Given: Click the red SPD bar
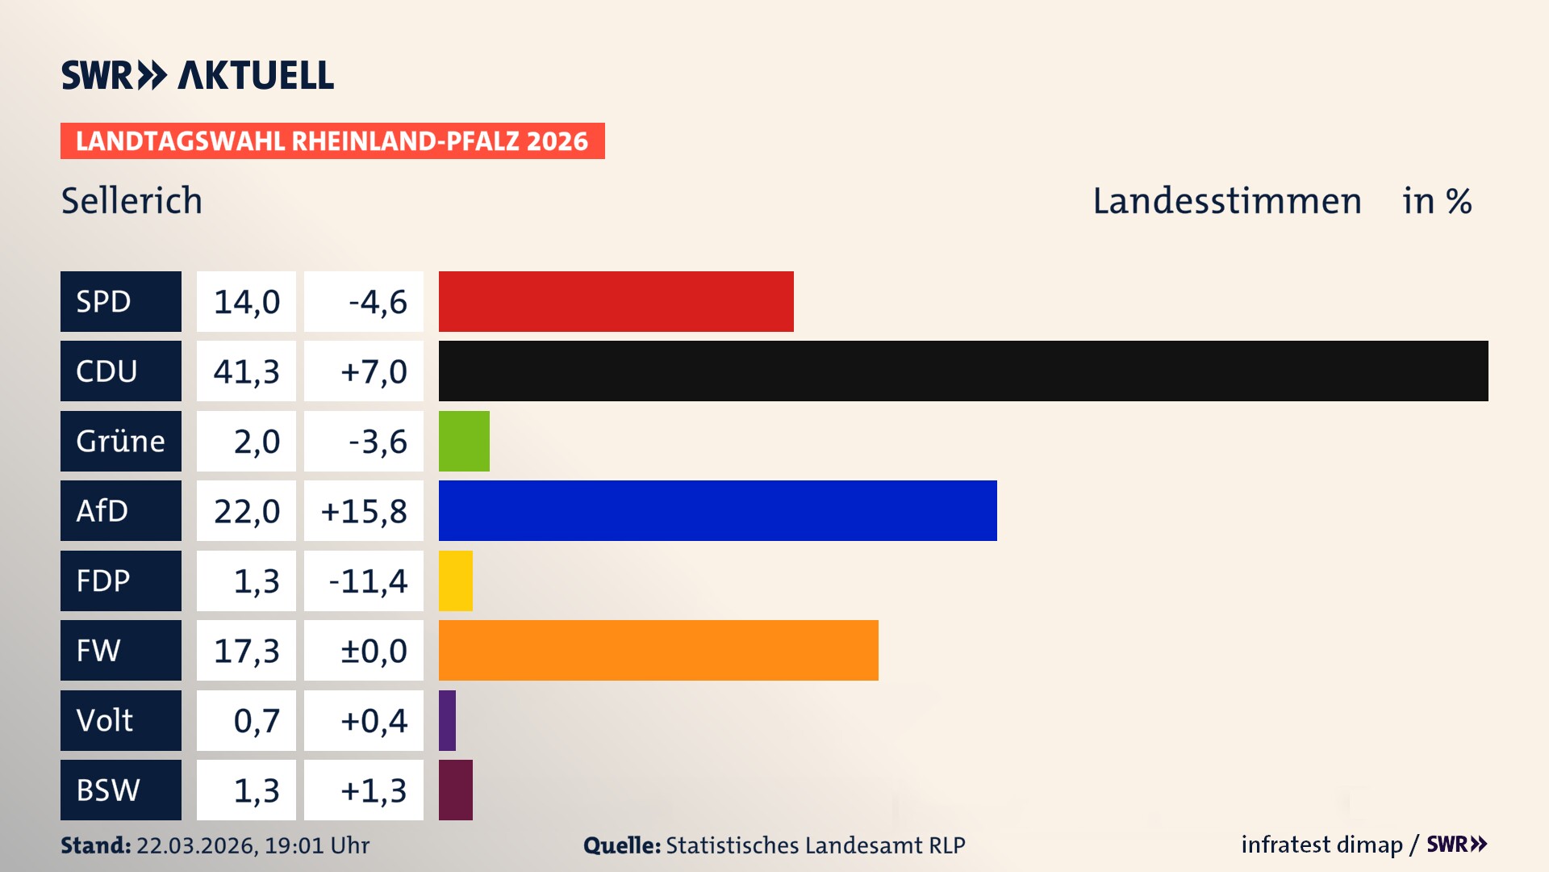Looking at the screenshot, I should coord(616,301).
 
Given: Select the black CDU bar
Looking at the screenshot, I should coord(962,371).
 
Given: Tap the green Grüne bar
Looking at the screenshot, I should coord(464,441).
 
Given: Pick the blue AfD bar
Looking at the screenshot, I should coord(717,510).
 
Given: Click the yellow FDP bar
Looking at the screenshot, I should coord(455,581).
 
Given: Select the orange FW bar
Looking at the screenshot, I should coord(658,650).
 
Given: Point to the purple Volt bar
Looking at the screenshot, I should coord(447,720).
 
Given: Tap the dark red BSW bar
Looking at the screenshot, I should coord(455,790).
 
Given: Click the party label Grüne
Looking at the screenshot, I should coord(120,441).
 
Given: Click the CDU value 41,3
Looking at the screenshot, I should coord(246,371).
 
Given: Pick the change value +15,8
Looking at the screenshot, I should coord(364,511).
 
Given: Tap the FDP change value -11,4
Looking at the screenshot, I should coord(368,581).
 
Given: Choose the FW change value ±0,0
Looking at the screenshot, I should coord(374,651).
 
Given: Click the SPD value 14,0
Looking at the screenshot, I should coord(246,302).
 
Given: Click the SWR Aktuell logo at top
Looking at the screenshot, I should coord(197,75).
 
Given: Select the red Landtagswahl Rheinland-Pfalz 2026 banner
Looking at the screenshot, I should coord(332,141).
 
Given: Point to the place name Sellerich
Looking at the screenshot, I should coord(132,200).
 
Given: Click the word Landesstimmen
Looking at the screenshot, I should coord(1226,200).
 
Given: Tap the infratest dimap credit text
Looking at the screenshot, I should coord(1321,845).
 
